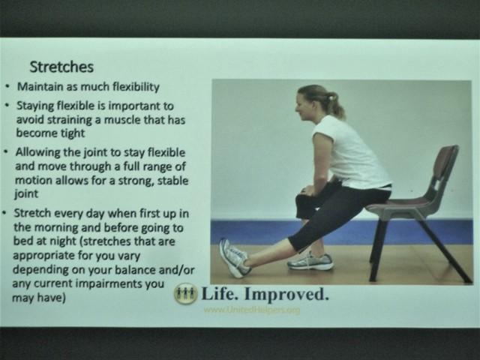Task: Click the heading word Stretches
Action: [x=61, y=67]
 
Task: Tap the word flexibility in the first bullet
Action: [x=136, y=87]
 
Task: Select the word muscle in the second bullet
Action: [x=122, y=119]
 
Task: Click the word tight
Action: [x=73, y=133]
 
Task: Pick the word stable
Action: [x=172, y=180]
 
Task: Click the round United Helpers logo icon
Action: [x=185, y=293]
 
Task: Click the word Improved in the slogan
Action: [x=286, y=294]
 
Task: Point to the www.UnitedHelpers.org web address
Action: [x=252, y=310]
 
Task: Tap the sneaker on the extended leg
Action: [x=234, y=258]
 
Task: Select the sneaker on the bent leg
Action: [x=310, y=261]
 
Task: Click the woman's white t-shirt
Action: [x=350, y=152]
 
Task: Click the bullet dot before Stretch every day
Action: [x=4, y=212]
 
